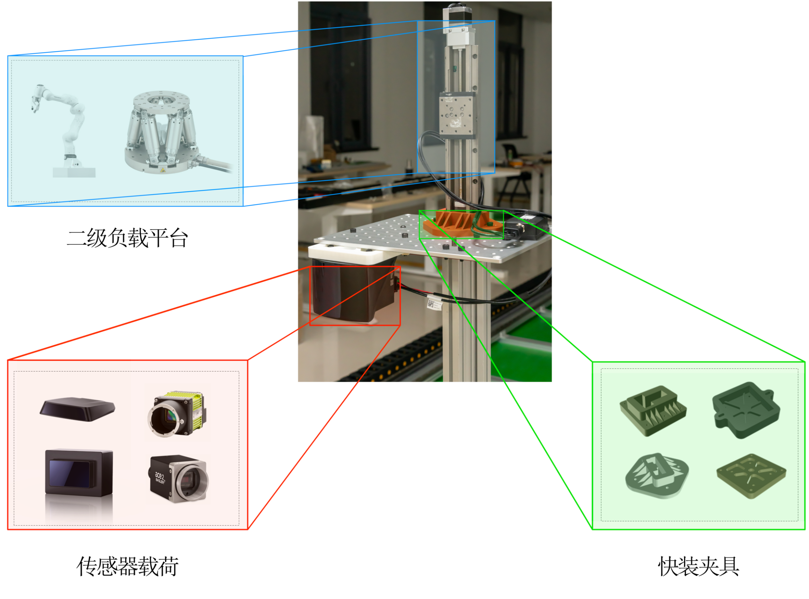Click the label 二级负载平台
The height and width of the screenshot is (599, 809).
[x=127, y=238]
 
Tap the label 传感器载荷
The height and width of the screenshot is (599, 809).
[x=127, y=566]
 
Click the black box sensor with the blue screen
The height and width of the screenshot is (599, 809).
[x=79, y=472]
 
